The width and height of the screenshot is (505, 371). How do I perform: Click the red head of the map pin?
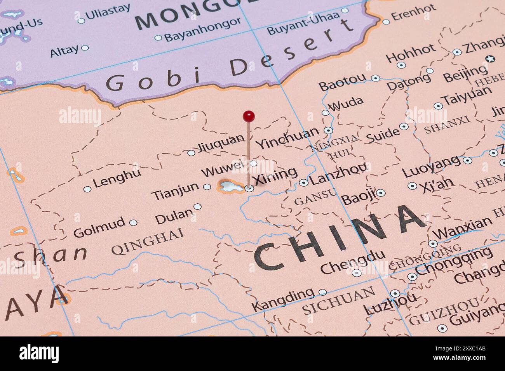tap(249, 115)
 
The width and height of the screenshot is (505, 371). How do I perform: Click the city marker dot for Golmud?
tap(133, 223)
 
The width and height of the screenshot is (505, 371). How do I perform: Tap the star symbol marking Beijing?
tap(491, 59)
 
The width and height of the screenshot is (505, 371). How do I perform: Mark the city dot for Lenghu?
tap(87, 189)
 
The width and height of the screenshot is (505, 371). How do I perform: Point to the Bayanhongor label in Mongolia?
tap(202, 30)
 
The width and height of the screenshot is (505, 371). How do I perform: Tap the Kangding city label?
tap(282, 299)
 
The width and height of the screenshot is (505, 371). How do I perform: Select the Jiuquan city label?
tap(221, 144)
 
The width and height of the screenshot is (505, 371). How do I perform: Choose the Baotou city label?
tap(342, 82)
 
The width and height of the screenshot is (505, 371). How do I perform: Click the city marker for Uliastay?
tap(81, 21)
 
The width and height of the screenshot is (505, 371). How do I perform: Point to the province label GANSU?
tap(315, 198)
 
